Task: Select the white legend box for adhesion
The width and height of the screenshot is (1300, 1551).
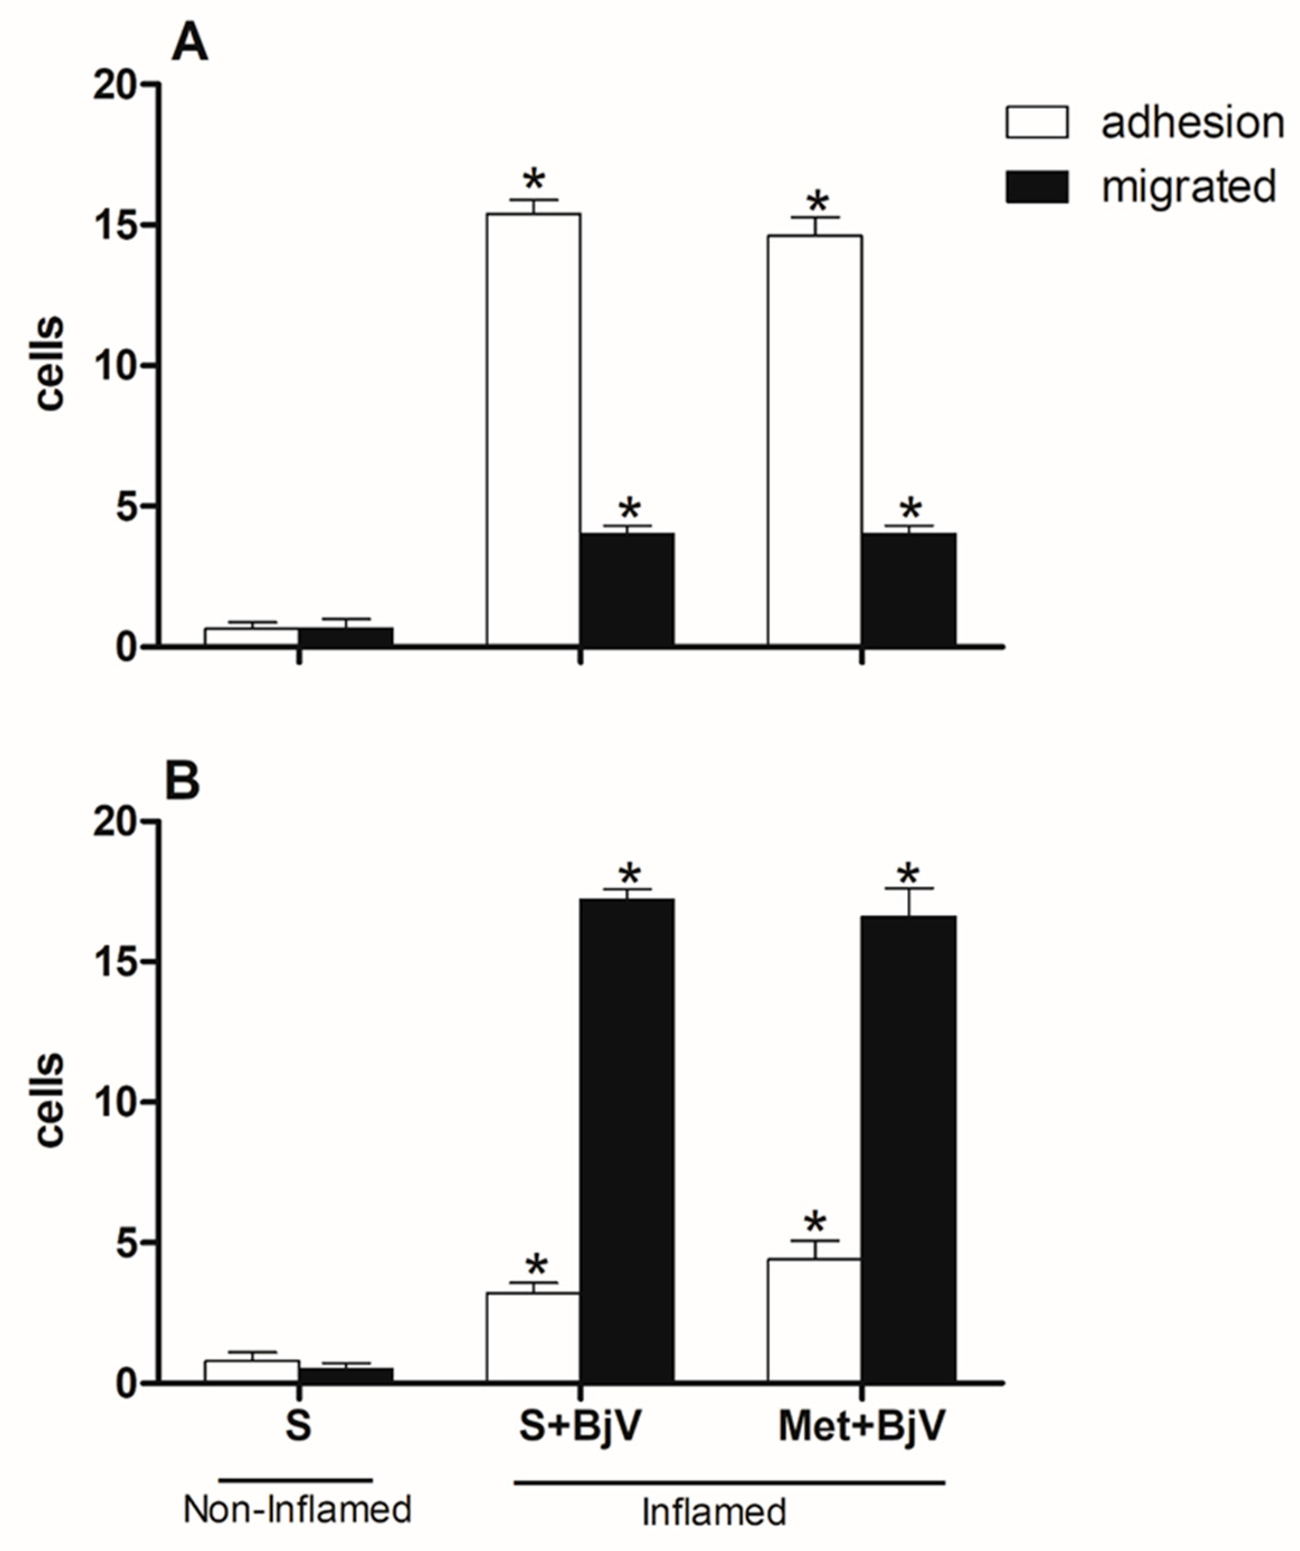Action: [x=1036, y=122]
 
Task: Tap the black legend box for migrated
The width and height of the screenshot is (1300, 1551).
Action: [x=1036, y=187]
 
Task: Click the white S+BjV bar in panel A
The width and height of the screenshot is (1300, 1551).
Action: [x=533, y=429]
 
